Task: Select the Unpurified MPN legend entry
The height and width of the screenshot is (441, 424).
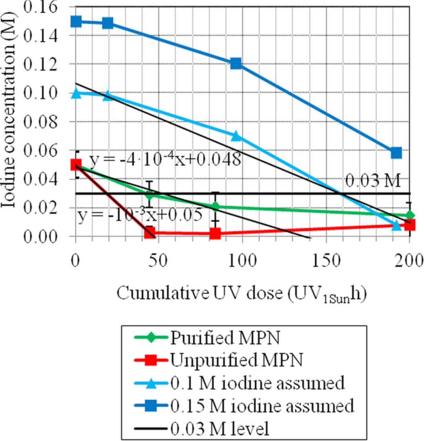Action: (236, 360)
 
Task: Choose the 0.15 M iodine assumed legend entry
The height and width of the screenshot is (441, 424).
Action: (262, 406)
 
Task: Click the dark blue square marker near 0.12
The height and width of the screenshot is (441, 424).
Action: (236, 63)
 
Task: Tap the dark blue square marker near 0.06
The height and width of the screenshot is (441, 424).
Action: (396, 153)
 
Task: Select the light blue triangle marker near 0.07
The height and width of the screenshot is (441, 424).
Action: (236, 136)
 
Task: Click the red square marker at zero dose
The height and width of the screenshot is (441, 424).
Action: (76, 165)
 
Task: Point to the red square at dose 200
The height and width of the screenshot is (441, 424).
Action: (410, 225)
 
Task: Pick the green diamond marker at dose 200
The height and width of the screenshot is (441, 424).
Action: (410, 215)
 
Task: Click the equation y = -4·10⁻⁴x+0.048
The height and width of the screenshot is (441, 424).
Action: (165, 160)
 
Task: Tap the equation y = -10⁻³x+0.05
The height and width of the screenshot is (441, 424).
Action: (139, 216)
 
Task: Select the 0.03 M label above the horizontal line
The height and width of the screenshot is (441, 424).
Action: (373, 181)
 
